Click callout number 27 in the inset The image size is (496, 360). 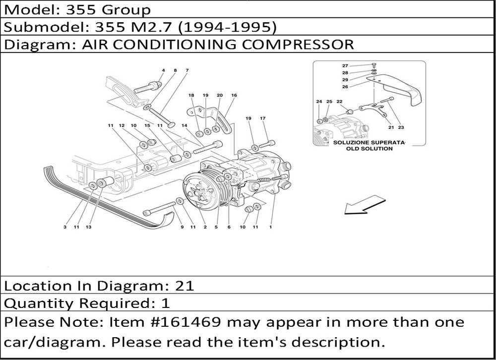pyautogui.click(x=345, y=65)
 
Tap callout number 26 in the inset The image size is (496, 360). pyautogui.click(x=345, y=86)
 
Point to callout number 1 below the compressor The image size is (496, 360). pyautogui.click(x=271, y=228)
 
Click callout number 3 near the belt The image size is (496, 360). pyautogui.click(x=65, y=228)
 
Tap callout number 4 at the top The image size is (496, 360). pyautogui.click(x=163, y=70)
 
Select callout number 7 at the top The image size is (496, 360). pyautogui.click(x=187, y=70)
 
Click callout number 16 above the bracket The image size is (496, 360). pyautogui.click(x=234, y=95)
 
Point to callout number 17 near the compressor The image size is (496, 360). pyautogui.click(x=263, y=118)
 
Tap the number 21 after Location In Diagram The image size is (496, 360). pyautogui.click(x=184, y=286)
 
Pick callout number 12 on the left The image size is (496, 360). pyautogui.click(x=121, y=125)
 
